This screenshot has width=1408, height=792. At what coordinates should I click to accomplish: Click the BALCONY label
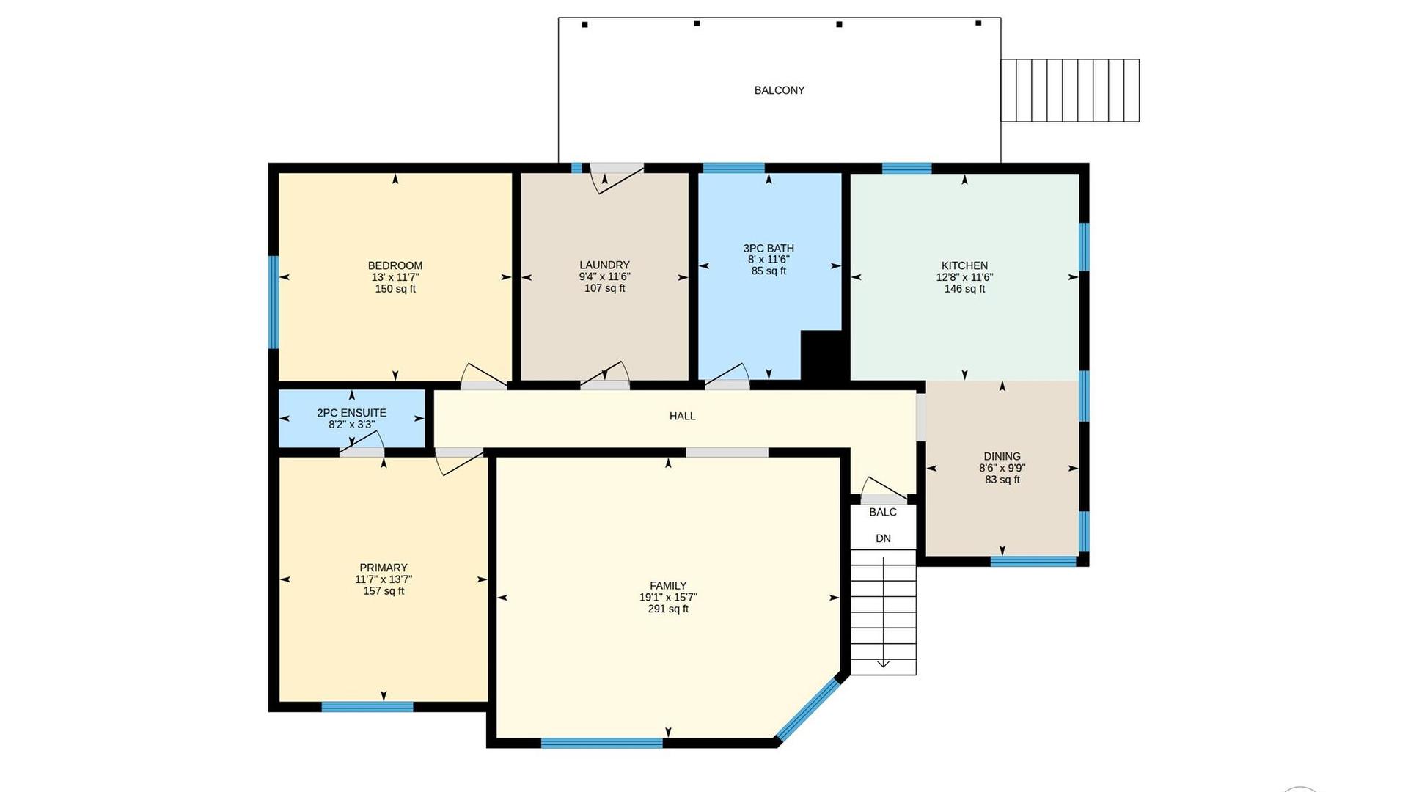pos(780,90)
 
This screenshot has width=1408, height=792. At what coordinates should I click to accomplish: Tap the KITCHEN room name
pos(964,265)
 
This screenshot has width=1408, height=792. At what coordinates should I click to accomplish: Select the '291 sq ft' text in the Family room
pos(668,609)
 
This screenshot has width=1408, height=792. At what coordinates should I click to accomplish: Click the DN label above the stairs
pos(883,538)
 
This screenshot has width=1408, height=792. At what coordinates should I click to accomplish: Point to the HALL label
pos(682,416)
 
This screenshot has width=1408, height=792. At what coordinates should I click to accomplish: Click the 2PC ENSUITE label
pos(351,413)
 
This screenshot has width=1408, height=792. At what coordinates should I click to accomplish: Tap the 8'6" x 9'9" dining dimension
pos(1002,468)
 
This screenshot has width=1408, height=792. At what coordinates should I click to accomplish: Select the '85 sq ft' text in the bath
pos(769,271)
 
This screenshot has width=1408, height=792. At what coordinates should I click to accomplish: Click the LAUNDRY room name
pos(604,265)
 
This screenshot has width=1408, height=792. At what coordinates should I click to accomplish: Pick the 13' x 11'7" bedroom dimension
pos(395,277)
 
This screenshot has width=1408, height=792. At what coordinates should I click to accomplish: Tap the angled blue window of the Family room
pos(808,708)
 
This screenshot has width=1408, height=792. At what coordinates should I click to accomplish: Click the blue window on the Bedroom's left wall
pos(274,302)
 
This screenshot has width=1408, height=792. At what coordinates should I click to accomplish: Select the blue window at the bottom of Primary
pos(367,707)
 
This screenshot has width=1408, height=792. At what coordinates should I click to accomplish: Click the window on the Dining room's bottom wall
pos(1033,561)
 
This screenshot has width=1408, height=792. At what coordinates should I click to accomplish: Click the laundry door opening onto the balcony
pos(617,178)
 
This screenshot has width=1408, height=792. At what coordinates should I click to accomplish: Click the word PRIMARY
pos(384,568)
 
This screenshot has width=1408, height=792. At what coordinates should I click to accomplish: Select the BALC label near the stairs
pos(883,512)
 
